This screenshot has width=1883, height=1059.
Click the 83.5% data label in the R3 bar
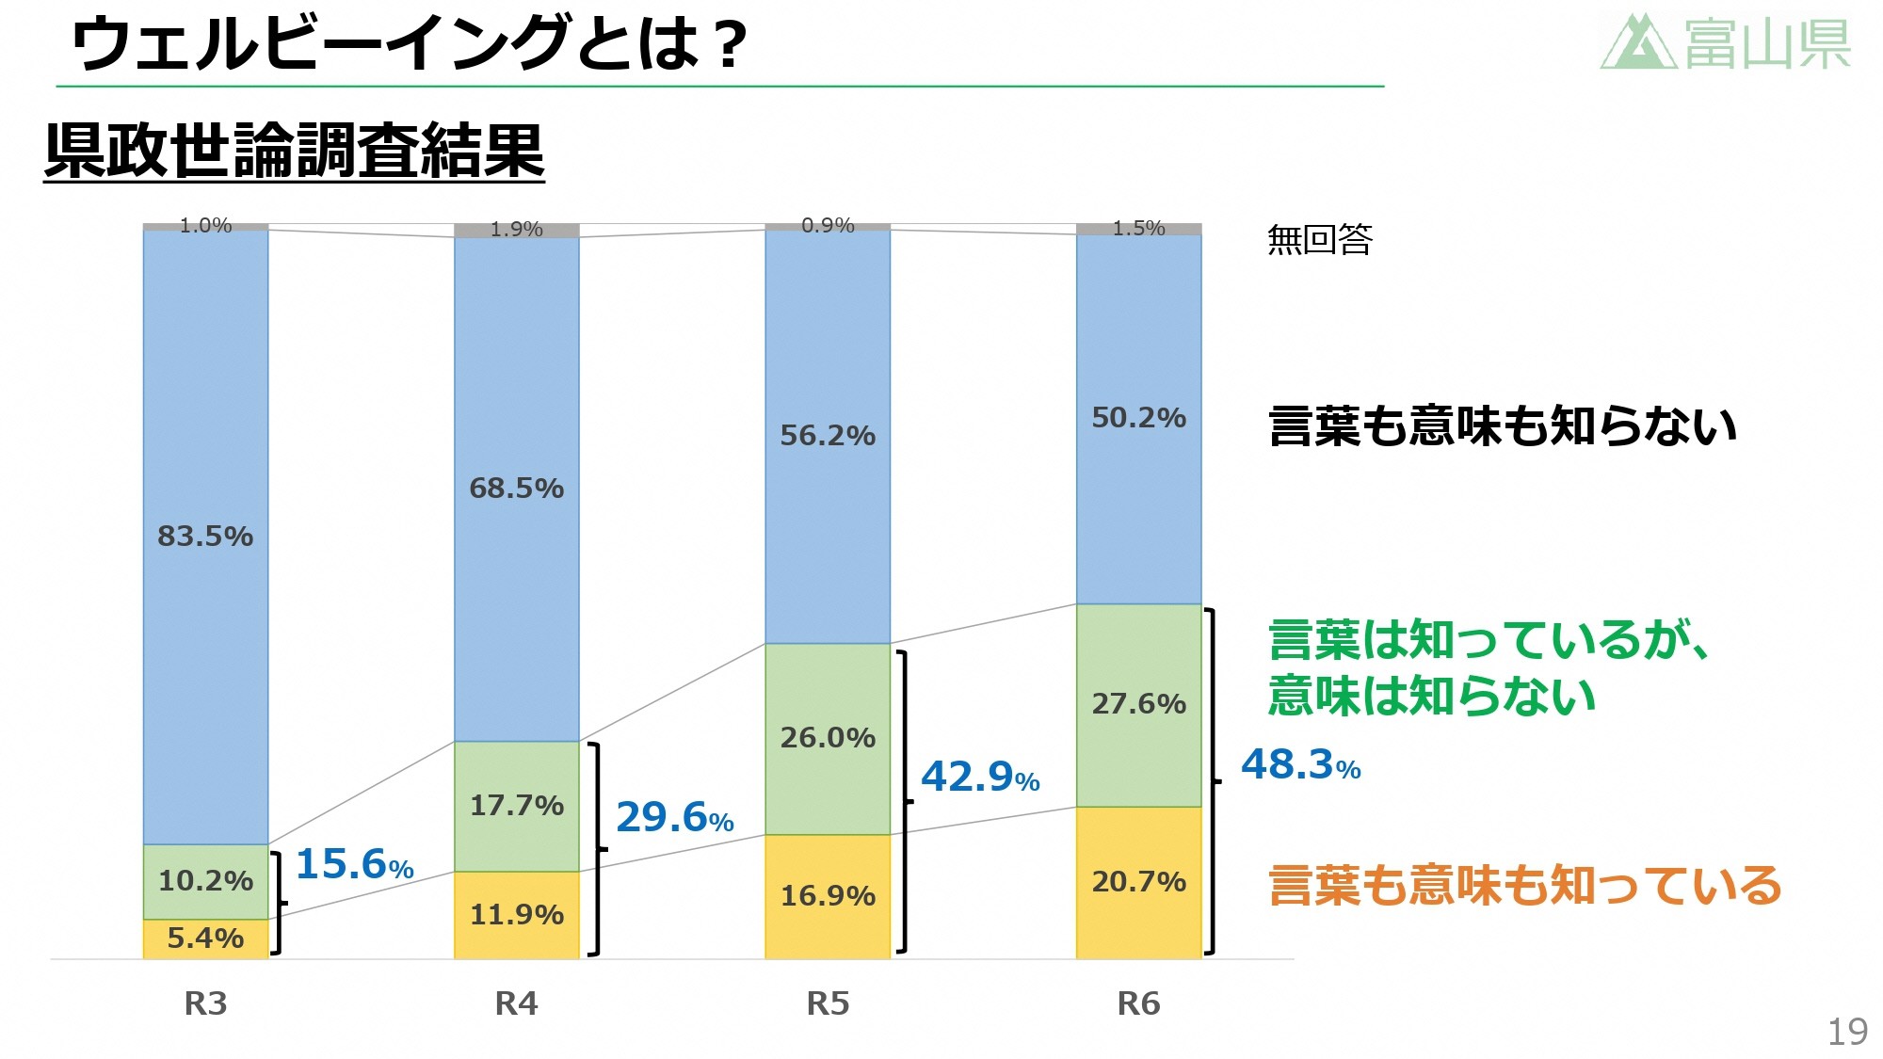[205, 537]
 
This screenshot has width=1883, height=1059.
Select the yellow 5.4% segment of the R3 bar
[205, 939]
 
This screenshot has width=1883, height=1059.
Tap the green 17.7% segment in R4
[516, 806]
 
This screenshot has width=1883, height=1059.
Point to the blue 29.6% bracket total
[674, 817]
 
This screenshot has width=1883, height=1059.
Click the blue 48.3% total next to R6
[1300, 764]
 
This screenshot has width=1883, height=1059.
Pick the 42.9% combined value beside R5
[979, 777]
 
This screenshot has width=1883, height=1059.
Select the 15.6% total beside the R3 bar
[354, 864]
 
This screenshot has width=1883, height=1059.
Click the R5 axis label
[828, 1003]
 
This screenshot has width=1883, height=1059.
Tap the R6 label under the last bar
[1138, 1003]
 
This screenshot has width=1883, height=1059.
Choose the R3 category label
[205, 1003]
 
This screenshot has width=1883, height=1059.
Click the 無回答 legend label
[1319, 240]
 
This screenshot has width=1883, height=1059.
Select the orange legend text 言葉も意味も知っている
[1524, 886]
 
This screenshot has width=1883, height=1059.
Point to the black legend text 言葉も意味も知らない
[1502, 425]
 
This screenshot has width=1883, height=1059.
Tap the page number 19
[1847, 1032]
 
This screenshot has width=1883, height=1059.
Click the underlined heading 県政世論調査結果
[294, 151]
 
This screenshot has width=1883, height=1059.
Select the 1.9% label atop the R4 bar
[516, 230]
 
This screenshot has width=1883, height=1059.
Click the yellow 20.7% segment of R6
[1138, 882]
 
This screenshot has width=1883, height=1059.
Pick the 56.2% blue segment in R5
[828, 436]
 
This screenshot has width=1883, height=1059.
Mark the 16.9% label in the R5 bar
[828, 896]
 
